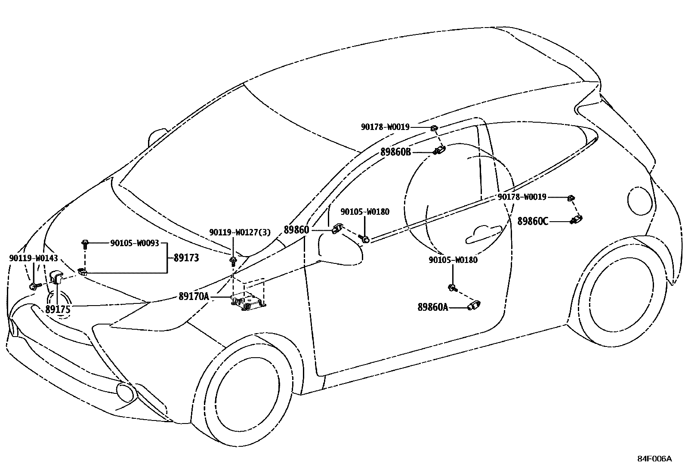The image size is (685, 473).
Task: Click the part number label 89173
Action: click(x=186, y=258)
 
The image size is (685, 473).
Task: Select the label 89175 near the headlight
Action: click(x=58, y=309)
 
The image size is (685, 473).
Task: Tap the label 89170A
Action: click(x=194, y=296)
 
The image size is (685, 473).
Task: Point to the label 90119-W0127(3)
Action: click(x=240, y=232)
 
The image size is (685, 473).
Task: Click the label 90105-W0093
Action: click(x=135, y=243)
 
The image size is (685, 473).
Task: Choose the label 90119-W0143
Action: click(x=33, y=258)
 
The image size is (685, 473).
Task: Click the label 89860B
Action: click(x=396, y=152)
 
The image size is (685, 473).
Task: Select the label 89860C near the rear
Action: click(x=533, y=222)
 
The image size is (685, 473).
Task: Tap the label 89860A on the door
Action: click(x=433, y=307)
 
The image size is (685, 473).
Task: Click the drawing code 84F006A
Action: click(x=654, y=458)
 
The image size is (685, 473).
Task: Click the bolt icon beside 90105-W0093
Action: click(x=85, y=244)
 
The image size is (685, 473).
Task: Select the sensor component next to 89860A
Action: click(x=474, y=306)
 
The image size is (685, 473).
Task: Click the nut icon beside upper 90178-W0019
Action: click(x=434, y=128)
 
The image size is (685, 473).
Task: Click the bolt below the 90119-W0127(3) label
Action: click(x=233, y=260)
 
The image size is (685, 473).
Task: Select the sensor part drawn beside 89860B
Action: click(x=439, y=150)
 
